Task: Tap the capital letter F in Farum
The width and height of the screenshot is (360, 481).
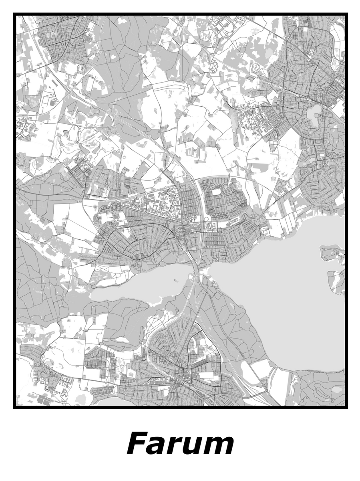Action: pos(137,443)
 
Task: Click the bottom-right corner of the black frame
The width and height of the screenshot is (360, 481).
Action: pos(346,407)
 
